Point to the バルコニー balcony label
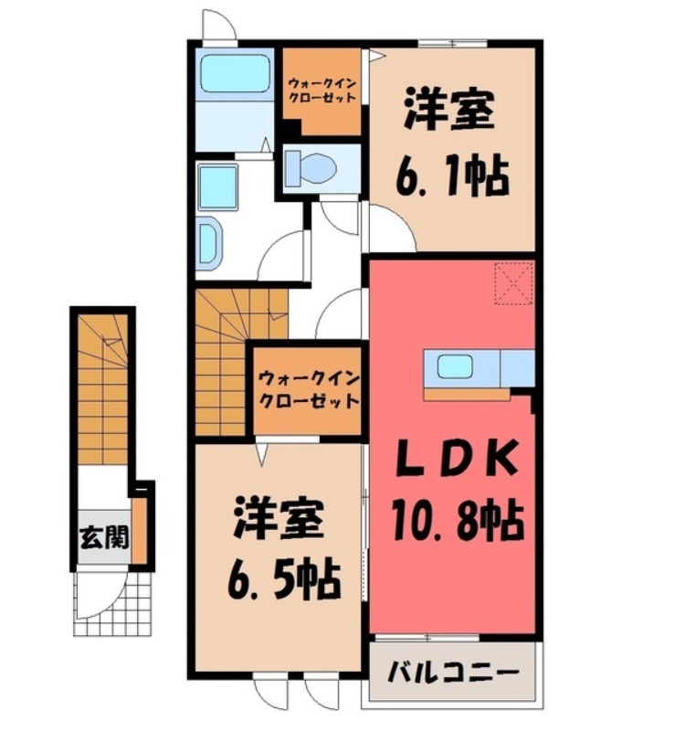pyautogui.click(x=457, y=674)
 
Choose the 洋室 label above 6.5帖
pyautogui.click(x=278, y=518)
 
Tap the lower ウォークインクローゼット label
pyautogui.click(x=307, y=390)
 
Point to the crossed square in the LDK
pyautogui.click(x=514, y=281)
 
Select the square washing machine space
pyautogui.click(x=218, y=187)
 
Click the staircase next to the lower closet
pyautogui.click(x=223, y=361)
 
